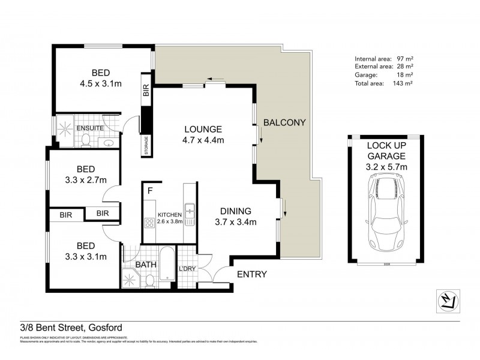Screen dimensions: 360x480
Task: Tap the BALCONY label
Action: click(284, 122)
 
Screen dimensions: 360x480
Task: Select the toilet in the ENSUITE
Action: click(86, 140)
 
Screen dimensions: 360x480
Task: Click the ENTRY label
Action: click(252, 275)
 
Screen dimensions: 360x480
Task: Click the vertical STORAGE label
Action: click(146, 145)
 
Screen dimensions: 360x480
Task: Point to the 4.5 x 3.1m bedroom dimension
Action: click(101, 83)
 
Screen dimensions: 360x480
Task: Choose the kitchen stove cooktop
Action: click(148, 223)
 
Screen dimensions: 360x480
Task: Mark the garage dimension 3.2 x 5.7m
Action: click(386, 166)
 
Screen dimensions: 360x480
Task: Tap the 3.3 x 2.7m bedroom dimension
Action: click(85, 179)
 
